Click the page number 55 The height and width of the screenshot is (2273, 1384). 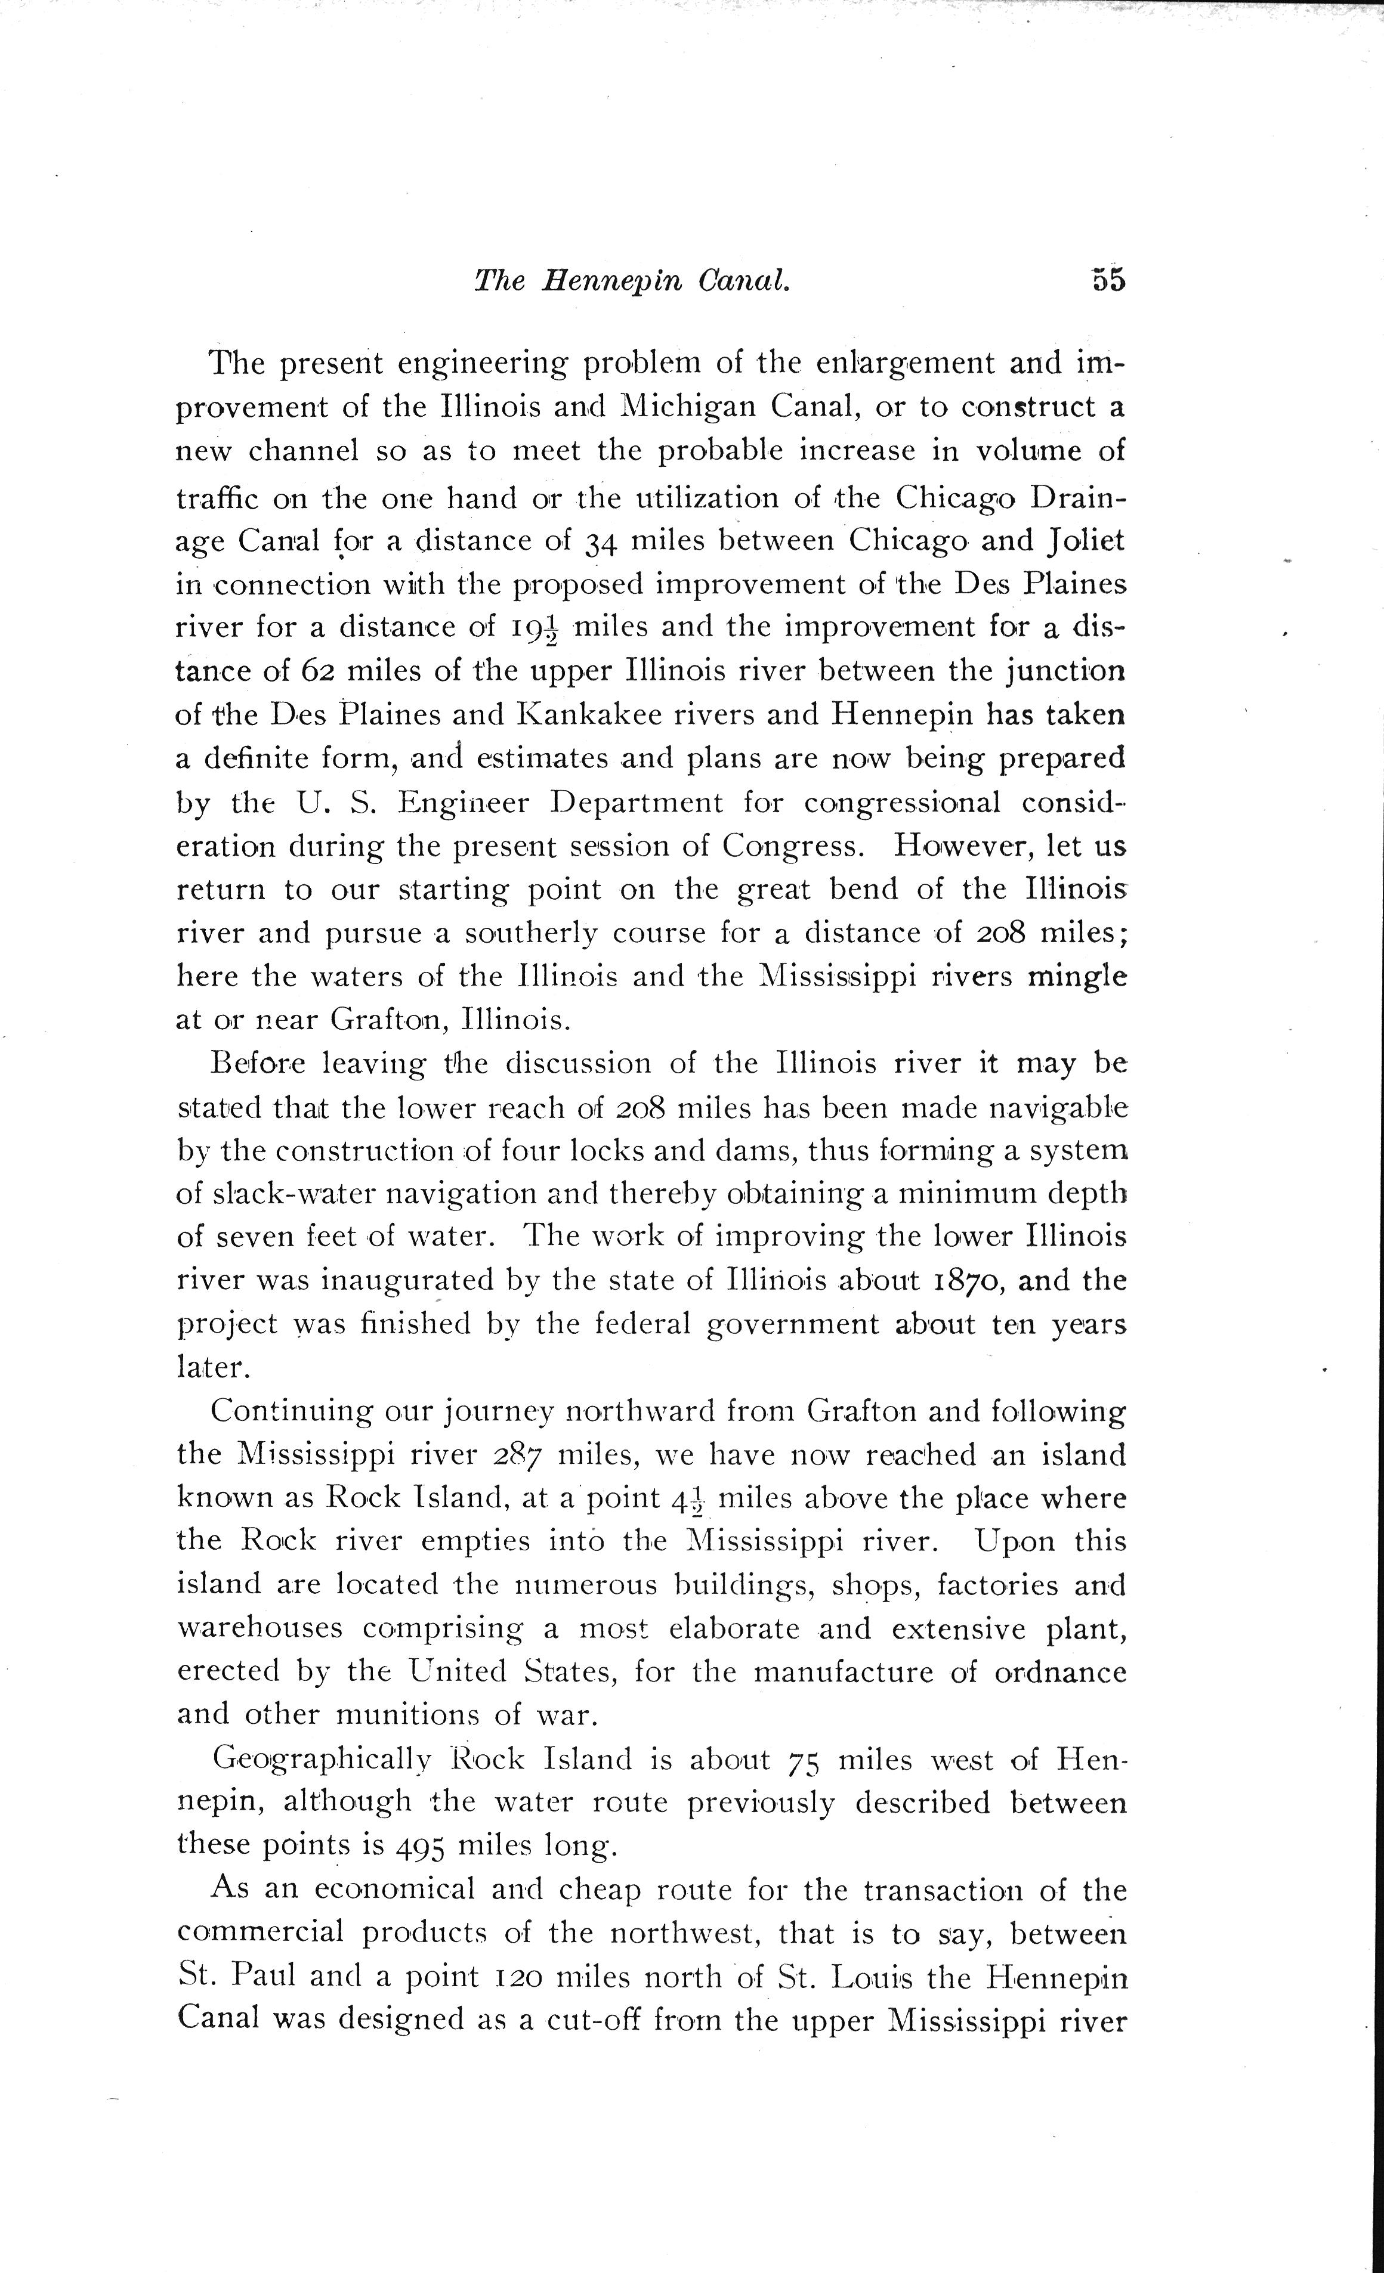(x=1108, y=280)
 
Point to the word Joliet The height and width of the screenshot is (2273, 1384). (x=1085, y=540)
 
